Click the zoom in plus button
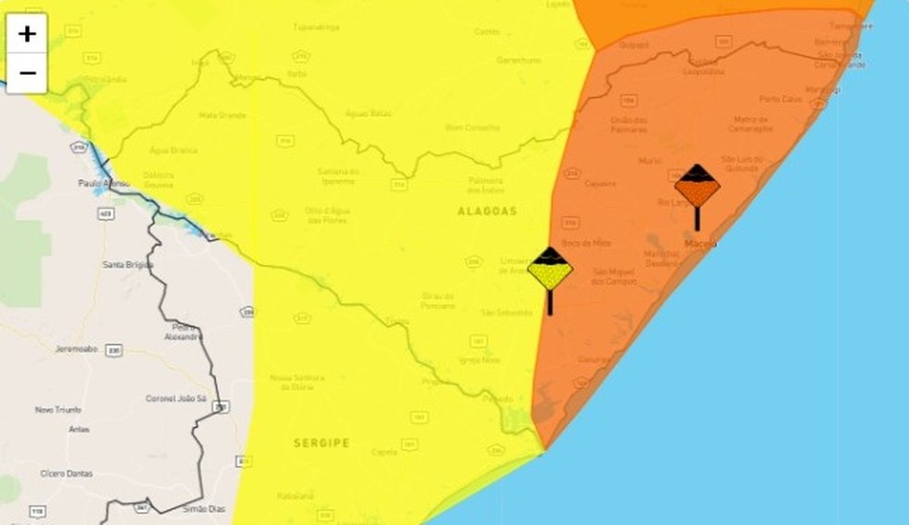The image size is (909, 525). click(28, 34)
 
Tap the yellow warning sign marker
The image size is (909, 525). click(550, 270)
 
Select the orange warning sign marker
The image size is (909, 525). click(697, 188)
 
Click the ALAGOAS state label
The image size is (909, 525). click(487, 212)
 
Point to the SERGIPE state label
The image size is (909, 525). click(321, 444)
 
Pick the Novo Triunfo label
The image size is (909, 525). click(59, 409)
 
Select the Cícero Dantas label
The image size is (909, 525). click(67, 473)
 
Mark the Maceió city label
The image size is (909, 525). click(701, 243)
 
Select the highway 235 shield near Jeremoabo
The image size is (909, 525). click(114, 350)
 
